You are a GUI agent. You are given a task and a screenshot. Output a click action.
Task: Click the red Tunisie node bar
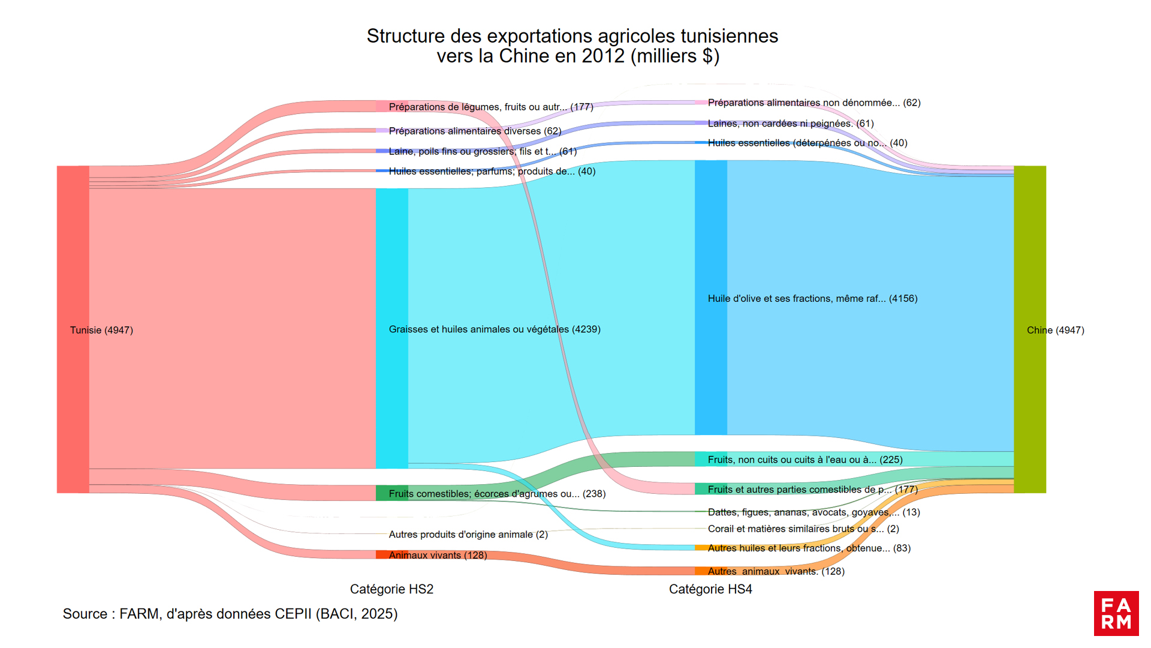point(73,329)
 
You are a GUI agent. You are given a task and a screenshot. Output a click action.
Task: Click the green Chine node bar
point(1029,329)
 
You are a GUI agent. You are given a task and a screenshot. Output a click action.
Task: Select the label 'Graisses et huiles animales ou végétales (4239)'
point(495,329)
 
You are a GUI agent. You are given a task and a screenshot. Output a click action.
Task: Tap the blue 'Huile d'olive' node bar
point(710,298)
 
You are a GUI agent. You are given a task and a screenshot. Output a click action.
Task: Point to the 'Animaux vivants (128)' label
point(438,556)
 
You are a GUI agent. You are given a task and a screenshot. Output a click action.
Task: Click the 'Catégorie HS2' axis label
point(391,589)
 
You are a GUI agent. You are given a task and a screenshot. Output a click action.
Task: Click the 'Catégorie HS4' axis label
point(710,589)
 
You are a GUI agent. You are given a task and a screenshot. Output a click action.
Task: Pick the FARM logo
point(1116,613)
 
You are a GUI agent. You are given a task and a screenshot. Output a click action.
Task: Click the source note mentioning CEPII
point(230,614)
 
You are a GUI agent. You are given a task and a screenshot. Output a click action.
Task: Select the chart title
point(573,46)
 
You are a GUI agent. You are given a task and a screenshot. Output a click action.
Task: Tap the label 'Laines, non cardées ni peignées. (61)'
point(791,124)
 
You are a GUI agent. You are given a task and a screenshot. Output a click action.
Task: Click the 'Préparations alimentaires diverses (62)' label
point(475,131)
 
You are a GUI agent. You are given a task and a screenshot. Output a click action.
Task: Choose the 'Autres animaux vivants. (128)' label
point(776,571)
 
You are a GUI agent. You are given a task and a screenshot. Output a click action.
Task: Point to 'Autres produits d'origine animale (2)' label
point(468,535)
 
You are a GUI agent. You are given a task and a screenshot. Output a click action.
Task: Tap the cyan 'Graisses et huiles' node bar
point(391,329)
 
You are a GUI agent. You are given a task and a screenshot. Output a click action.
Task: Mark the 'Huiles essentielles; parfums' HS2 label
point(492,172)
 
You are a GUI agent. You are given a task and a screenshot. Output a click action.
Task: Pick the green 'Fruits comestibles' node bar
point(391,493)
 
